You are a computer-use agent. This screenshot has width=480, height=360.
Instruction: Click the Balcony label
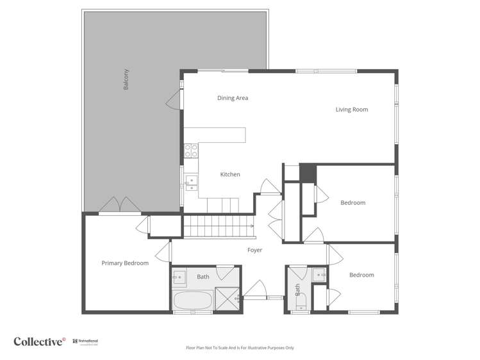126,79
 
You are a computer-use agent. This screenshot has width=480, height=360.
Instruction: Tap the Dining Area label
233,98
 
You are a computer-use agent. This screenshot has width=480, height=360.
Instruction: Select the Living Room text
352,110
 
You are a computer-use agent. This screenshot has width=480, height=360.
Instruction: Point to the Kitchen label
230,174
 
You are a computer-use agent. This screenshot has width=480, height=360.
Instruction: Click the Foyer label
255,250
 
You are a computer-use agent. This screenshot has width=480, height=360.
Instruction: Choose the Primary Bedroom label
125,263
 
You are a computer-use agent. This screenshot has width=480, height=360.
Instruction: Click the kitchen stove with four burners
191,151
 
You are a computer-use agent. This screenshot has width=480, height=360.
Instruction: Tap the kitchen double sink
191,183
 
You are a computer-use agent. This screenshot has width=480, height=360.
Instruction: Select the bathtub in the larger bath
193,300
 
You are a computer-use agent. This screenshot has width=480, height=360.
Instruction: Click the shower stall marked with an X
226,299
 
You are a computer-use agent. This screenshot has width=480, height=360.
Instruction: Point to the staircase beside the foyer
217,226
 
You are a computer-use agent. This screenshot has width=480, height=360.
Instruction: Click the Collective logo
40,341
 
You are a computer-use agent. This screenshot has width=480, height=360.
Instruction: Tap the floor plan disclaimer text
240,348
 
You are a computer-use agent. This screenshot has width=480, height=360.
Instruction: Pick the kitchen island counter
222,135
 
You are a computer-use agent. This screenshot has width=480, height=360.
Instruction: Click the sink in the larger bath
180,277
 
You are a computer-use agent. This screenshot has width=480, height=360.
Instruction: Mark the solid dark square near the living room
308,173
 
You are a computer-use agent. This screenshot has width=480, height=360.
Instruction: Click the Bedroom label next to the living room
352,203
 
